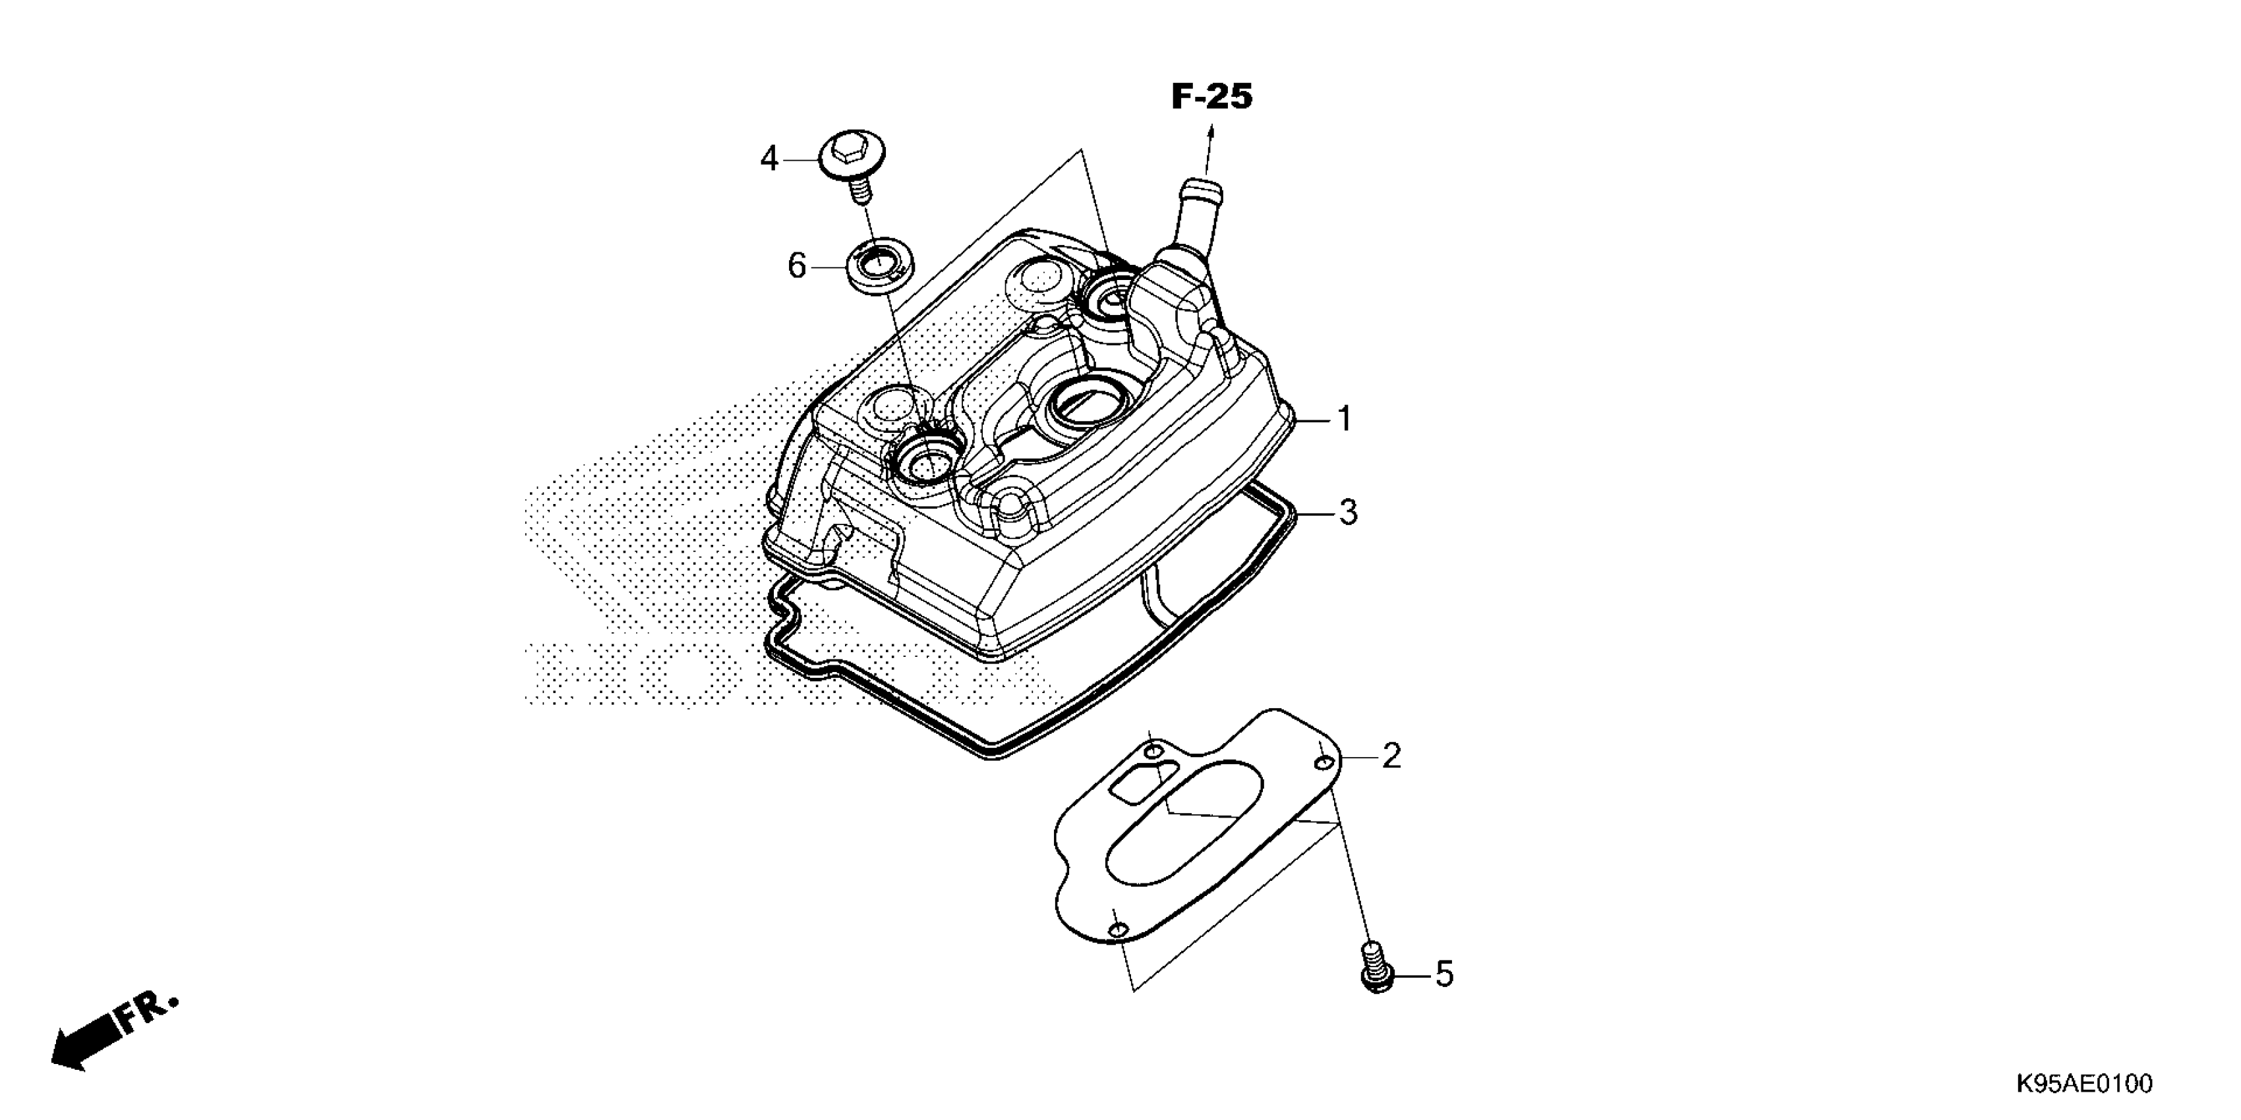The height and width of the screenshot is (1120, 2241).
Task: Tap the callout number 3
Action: click(x=1347, y=513)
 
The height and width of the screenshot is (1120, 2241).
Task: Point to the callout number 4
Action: click(x=769, y=159)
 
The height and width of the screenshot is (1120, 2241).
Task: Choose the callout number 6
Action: click(x=797, y=266)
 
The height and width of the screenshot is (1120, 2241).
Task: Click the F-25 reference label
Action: click(x=1212, y=97)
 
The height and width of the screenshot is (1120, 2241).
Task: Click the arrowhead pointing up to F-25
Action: click(x=1209, y=132)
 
